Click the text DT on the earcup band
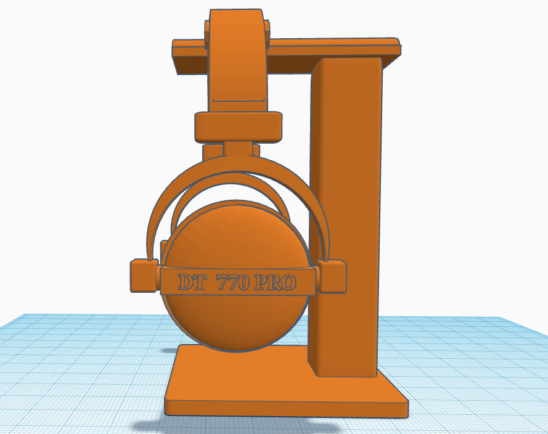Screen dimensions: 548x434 [192, 282]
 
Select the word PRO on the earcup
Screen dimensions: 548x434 [275, 283]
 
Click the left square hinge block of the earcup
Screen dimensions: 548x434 [144, 276]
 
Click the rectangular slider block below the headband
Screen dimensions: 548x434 [239, 127]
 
